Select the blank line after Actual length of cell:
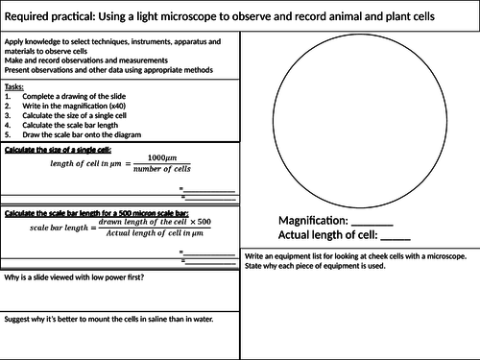click(396, 236)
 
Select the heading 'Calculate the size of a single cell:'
click(59, 149)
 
